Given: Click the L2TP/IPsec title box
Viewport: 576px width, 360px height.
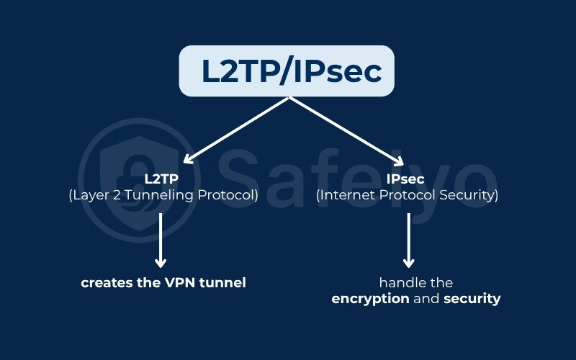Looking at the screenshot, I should (287, 71).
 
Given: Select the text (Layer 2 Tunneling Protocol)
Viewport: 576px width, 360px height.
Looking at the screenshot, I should (163, 194).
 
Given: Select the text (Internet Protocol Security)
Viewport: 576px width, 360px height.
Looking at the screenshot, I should (408, 194).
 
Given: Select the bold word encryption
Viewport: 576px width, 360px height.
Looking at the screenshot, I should (371, 299).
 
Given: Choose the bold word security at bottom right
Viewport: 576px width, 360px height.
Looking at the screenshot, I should (472, 299).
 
